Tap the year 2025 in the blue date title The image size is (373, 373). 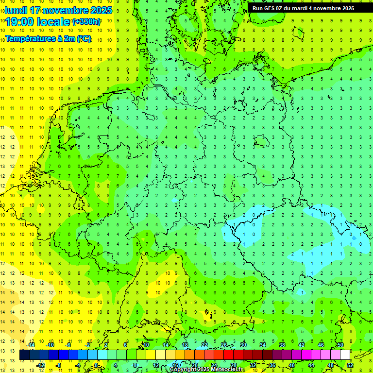[102, 10]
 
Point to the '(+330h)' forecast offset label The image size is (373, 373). [86, 22]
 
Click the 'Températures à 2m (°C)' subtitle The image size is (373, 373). [48, 38]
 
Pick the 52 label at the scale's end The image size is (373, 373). [350, 365]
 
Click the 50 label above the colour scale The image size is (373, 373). [340, 344]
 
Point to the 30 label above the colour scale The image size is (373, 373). [243, 344]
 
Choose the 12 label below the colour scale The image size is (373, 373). [155, 365]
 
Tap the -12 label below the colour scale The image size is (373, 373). [40, 365]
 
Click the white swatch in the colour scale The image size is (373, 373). [345, 355]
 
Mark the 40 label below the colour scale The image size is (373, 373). [291, 365]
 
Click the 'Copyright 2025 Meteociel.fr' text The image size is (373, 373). [207, 370]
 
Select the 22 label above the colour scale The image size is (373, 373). [204, 344]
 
